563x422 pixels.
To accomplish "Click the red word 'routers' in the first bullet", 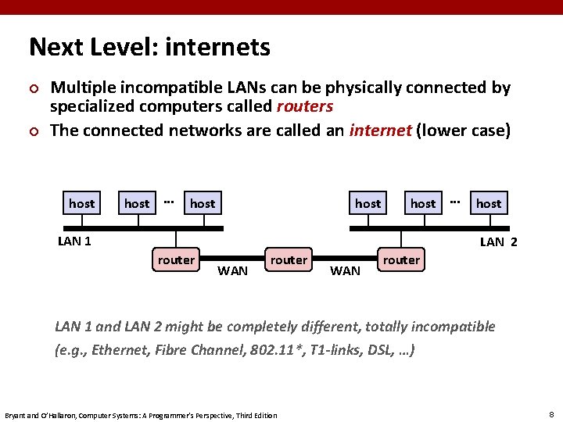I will (x=304, y=106).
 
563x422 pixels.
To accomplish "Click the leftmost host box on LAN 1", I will (x=81, y=204).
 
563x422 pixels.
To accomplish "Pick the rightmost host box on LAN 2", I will (x=489, y=204).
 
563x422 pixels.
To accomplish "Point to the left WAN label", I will (x=232, y=271).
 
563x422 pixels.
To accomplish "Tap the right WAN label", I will (x=345, y=271).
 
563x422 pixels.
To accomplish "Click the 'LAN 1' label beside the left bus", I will (x=74, y=241).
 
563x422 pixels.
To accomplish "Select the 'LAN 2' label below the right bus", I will (x=498, y=242).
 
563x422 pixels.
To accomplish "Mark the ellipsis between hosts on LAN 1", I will (x=168, y=201).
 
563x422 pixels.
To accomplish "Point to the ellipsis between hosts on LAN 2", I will (x=455, y=201).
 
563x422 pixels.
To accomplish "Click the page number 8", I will (x=552, y=413).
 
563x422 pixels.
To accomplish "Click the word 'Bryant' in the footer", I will (x=16, y=414).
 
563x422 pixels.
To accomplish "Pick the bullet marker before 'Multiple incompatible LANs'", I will (x=33, y=89).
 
